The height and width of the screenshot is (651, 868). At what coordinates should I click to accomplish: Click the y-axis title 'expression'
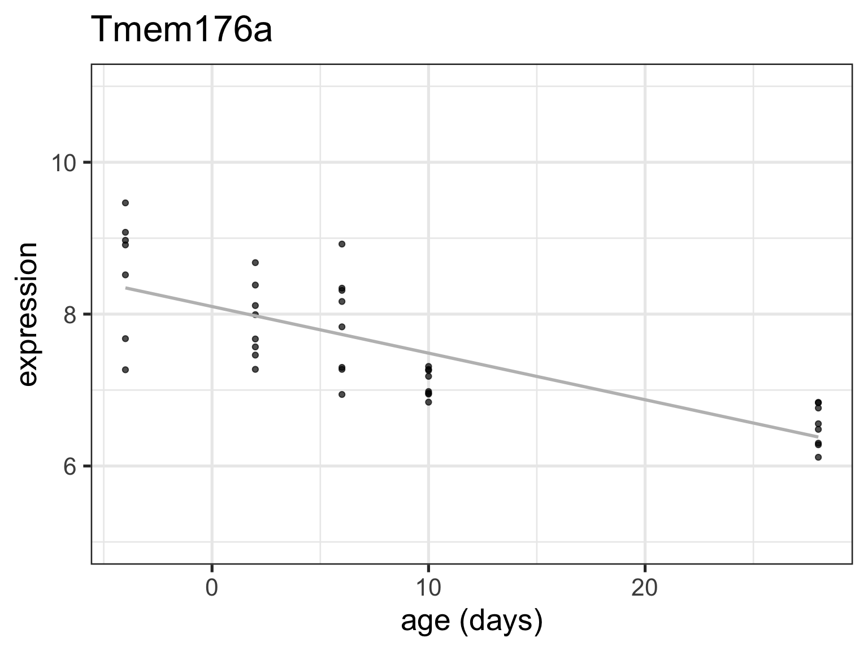click(27, 314)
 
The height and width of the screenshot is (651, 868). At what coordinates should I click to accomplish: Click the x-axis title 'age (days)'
click(472, 621)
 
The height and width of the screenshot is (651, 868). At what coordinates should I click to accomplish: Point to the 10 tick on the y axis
click(64, 163)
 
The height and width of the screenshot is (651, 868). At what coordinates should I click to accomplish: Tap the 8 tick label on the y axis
click(70, 314)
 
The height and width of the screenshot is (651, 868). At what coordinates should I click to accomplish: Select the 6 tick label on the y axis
click(70, 466)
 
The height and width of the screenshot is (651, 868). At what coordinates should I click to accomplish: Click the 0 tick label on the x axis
click(212, 588)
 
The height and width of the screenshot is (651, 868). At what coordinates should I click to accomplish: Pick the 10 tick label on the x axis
click(428, 588)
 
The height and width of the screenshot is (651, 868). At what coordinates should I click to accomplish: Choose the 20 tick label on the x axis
click(645, 588)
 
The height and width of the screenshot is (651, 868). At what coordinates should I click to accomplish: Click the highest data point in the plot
click(125, 203)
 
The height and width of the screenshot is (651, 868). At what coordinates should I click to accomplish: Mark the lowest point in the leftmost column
click(125, 370)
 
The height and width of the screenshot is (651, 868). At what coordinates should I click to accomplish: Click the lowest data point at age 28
click(818, 457)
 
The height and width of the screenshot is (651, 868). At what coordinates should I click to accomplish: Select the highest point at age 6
click(342, 244)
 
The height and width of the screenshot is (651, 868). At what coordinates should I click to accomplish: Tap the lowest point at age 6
click(342, 394)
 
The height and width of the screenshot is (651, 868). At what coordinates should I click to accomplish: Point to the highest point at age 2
click(255, 263)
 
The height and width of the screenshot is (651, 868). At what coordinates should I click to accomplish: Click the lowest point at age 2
click(255, 369)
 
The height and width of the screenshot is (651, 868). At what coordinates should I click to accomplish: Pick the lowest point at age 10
click(428, 402)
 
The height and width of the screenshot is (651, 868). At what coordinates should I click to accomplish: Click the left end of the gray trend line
click(126, 288)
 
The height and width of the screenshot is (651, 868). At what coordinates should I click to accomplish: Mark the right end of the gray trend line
click(818, 437)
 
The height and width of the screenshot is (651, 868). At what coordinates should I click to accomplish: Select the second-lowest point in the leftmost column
click(125, 338)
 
